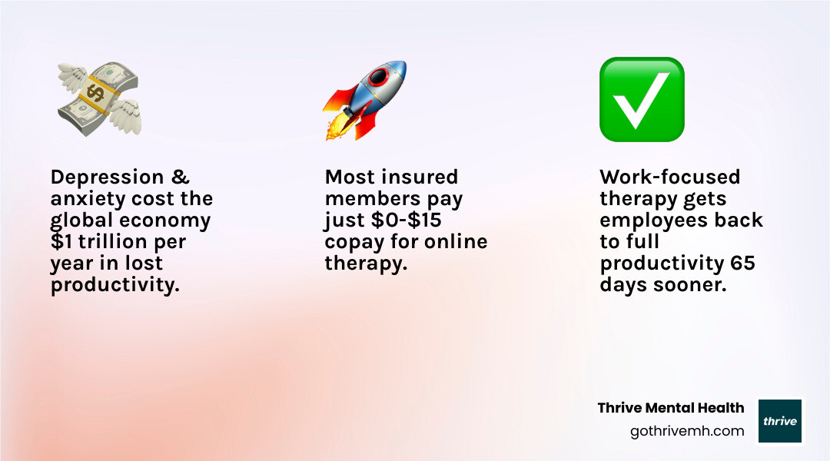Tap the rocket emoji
[364, 100]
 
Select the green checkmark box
[642, 99]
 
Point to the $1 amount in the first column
[61, 242]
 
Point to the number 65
[742, 264]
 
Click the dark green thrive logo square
[780, 421]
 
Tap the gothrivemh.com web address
[687, 431]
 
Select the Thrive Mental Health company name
[671, 408]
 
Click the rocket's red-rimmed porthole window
[379, 78]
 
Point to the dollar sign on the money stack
[96, 94]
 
